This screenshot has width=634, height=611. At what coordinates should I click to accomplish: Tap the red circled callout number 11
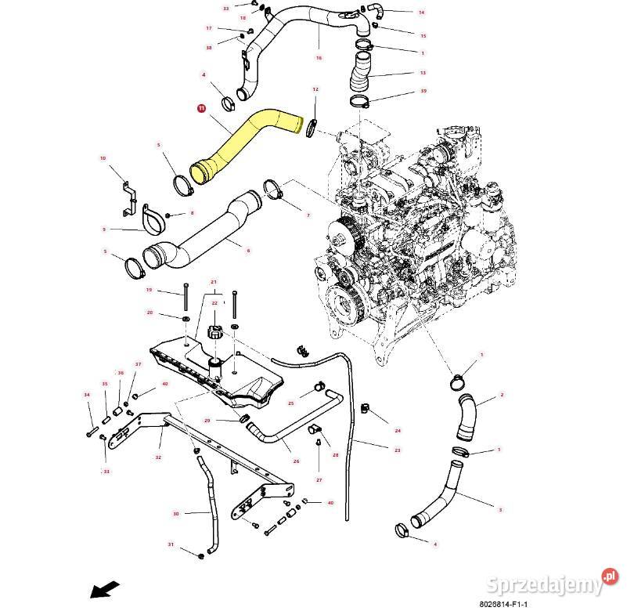click(x=201, y=109)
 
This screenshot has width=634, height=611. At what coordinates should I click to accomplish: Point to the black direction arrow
click(x=105, y=587)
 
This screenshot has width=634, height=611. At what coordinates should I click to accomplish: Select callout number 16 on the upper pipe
click(x=319, y=58)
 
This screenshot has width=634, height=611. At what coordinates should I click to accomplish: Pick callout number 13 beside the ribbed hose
click(x=423, y=73)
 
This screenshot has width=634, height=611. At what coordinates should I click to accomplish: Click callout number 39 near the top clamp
click(x=423, y=92)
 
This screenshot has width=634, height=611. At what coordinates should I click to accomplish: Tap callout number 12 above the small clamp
click(x=315, y=90)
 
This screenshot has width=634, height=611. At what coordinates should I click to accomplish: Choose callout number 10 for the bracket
click(x=103, y=158)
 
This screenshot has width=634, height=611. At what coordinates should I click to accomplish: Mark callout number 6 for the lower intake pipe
click(x=248, y=250)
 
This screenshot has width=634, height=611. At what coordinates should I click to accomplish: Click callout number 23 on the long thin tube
click(x=397, y=450)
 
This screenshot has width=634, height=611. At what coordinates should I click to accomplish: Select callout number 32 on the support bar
click(x=158, y=457)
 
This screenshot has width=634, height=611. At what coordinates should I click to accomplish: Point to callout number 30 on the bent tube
click(x=176, y=514)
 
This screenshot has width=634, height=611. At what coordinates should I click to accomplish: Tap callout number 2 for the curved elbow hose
click(x=501, y=395)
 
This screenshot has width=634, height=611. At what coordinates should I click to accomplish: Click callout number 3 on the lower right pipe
click(x=500, y=509)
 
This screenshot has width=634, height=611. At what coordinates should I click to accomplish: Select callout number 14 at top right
click(x=421, y=13)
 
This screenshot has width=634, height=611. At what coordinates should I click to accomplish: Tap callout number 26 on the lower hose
click(x=296, y=461)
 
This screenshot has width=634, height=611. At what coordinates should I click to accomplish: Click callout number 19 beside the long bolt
click(x=149, y=290)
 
